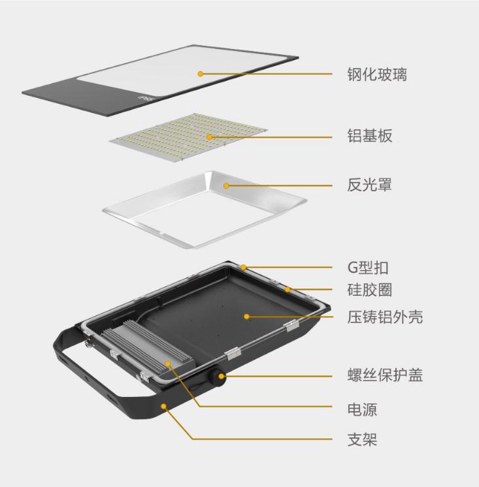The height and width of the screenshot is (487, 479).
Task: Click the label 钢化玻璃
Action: point(377,74)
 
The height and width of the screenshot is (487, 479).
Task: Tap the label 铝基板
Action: point(370,136)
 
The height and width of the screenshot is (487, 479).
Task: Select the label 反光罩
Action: point(369,185)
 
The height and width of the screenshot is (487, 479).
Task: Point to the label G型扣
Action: point(368,268)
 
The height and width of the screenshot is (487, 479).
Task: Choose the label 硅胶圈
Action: point(370,290)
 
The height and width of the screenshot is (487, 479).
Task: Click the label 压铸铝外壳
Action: point(385,317)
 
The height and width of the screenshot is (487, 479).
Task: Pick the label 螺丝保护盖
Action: point(385,375)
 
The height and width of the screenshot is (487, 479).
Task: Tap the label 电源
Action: point(362,409)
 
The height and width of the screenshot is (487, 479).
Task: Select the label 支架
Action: point(362,439)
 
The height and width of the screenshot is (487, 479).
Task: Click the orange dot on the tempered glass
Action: point(201,74)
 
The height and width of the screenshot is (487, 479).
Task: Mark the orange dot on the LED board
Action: point(210,137)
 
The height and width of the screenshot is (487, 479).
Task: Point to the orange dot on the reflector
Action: point(226,186)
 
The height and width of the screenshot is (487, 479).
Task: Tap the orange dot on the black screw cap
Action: point(222,377)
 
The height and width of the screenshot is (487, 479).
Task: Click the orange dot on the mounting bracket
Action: point(164,406)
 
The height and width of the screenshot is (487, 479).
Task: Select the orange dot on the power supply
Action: point(168,364)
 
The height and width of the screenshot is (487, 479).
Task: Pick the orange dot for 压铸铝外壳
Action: point(246,317)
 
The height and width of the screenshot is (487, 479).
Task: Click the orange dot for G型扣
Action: point(244,267)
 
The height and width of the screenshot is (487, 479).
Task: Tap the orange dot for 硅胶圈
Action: point(288,289)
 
